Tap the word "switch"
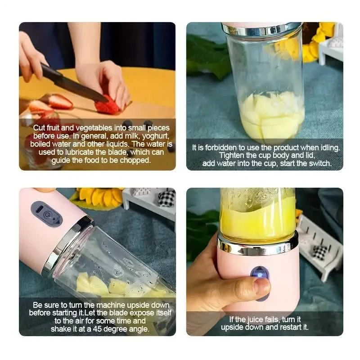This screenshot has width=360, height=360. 317,163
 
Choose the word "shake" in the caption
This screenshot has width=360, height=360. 65,329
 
